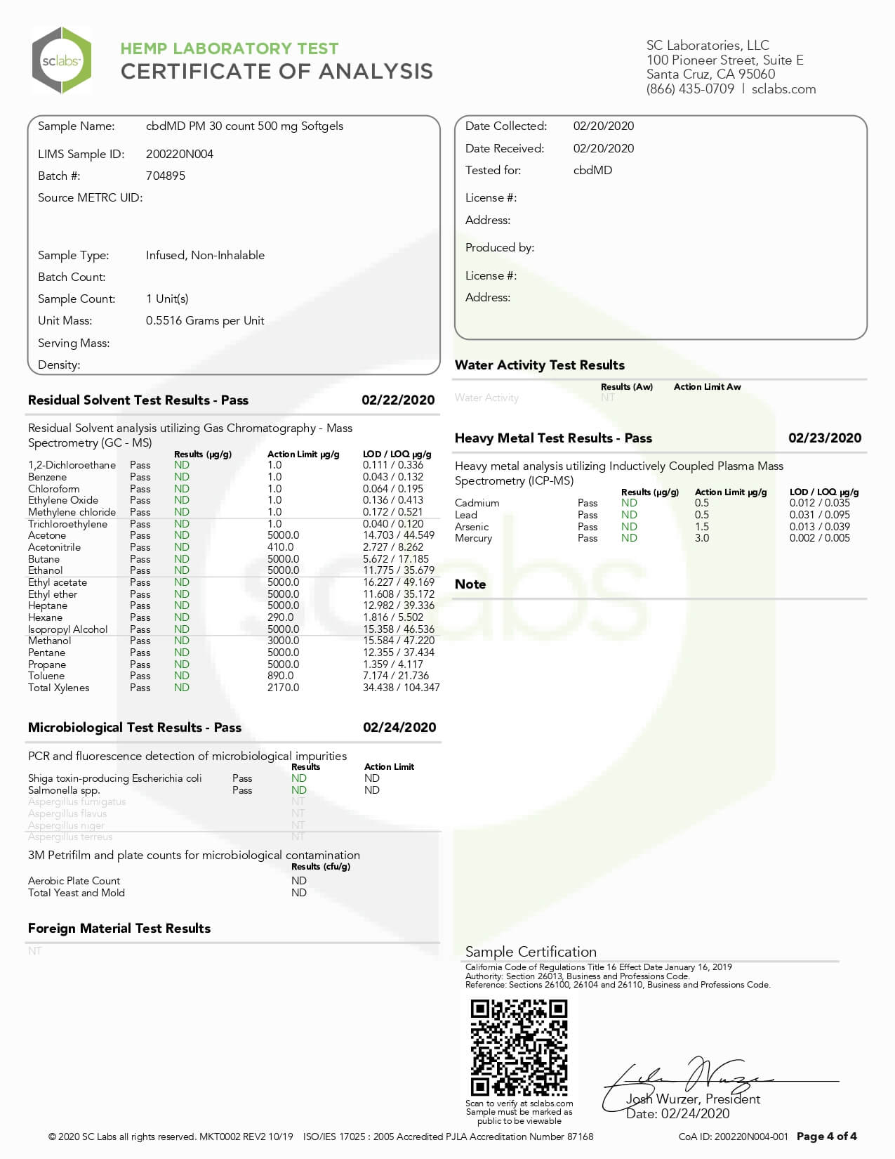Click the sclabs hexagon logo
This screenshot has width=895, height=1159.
(62, 60)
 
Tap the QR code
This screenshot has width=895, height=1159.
(519, 1047)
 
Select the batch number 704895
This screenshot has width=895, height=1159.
(166, 176)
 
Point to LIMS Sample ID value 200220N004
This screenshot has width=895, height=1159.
(180, 154)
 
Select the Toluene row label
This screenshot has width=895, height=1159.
(46, 676)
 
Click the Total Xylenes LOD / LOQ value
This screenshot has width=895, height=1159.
(401, 688)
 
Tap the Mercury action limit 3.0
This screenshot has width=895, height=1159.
(702, 538)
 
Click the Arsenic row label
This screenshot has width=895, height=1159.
(472, 527)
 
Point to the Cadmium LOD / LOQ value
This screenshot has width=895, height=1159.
(819, 503)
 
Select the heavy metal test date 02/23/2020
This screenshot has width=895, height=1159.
(825, 438)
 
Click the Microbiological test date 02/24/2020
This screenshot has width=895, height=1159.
(399, 727)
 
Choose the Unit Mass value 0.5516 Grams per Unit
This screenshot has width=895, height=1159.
(205, 320)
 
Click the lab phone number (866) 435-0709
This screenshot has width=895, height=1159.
(690, 89)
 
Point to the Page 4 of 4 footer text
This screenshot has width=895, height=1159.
(826, 1136)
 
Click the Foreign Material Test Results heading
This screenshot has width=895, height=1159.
(119, 928)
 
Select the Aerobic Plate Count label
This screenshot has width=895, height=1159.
(74, 881)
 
